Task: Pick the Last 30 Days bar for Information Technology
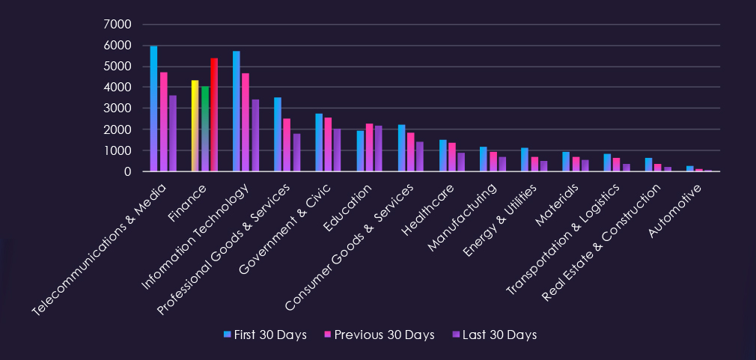click(256, 135)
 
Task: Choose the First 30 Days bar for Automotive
click(690, 168)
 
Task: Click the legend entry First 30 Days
click(266, 335)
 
